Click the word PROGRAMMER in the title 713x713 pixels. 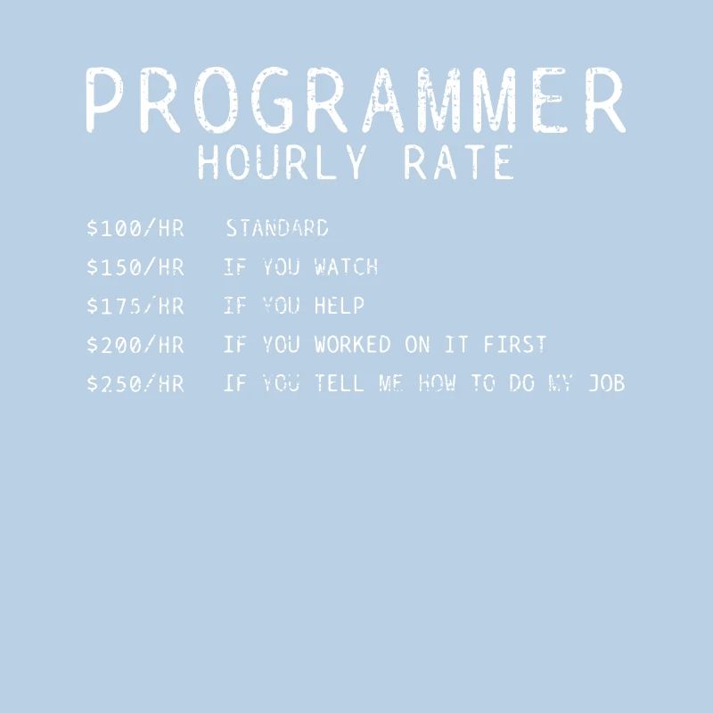[356, 101]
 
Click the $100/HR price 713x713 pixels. [135, 228]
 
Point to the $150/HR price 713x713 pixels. [135, 266]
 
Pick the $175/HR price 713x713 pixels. [135, 306]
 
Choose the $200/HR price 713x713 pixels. [135, 345]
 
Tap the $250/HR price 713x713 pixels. [135, 384]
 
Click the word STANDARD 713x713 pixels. [277, 228]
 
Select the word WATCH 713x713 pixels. [347, 266]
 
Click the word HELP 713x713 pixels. [340, 306]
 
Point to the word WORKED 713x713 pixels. [353, 345]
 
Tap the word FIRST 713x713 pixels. [515, 345]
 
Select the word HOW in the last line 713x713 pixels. [437, 384]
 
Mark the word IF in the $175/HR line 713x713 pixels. [234, 306]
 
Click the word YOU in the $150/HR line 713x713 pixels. [282, 266]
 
